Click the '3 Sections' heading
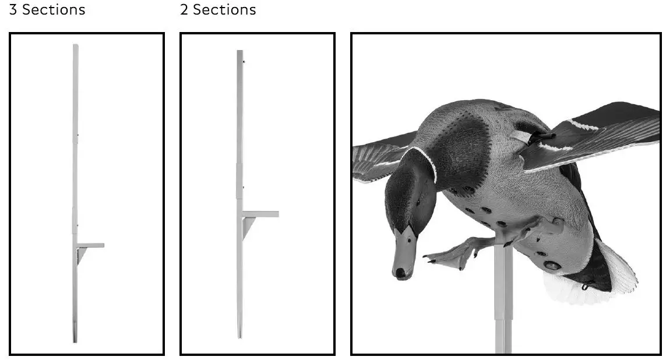47,10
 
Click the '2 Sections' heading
218,10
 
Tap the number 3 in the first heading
13,10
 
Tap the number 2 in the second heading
184,10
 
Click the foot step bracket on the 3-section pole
89,246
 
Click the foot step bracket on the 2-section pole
259,215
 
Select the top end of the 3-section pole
76,47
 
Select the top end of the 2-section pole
239,52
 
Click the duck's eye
417,202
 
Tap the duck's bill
404,253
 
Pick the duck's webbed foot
452,255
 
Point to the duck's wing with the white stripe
589,137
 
